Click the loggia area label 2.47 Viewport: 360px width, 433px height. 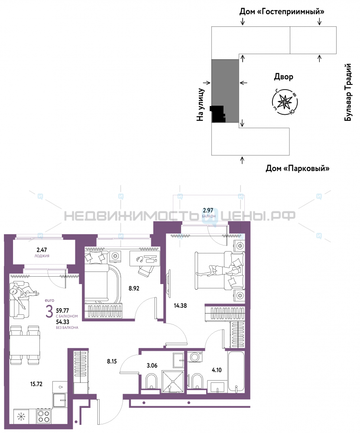[x=42, y=250]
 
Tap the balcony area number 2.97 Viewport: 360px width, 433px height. [x=208, y=210]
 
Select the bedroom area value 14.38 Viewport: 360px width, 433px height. [x=180, y=305]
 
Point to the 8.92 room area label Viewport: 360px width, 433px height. [x=134, y=288]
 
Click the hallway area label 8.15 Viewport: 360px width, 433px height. [x=112, y=361]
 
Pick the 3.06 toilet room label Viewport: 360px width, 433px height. [x=152, y=365]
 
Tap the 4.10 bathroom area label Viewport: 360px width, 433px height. [x=217, y=370]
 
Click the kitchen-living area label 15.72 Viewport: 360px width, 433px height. [x=36, y=384]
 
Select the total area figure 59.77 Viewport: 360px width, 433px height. [x=62, y=310]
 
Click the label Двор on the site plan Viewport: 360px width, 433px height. [x=283, y=77]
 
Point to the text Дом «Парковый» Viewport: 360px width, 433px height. [x=298, y=168]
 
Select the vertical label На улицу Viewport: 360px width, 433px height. [x=201, y=105]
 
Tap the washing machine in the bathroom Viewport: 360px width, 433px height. [x=195, y=356]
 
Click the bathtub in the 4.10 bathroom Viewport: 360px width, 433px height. [x=236, y=371]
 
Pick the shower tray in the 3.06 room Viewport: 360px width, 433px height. [x=173, y=381]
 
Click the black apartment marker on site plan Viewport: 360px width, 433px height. [x=218, y=114]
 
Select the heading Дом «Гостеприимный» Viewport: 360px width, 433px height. [x=282, y=12]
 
